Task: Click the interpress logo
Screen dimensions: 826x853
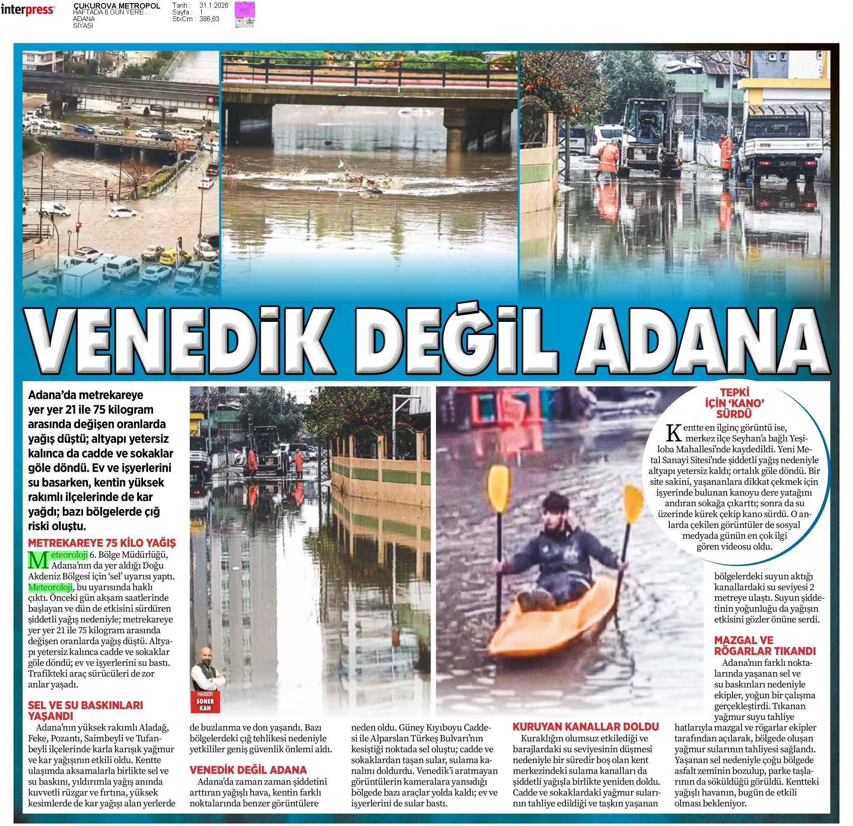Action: tap(28, 10)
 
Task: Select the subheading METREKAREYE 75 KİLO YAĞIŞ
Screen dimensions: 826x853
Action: tap(102, 543)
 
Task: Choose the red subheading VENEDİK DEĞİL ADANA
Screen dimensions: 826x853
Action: tap(248, 770)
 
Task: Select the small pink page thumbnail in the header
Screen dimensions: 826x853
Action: tap(245, 14)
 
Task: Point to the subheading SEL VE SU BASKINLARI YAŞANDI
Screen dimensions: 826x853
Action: tap(85, 710)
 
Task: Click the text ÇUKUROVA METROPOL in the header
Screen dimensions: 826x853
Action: tap(116, 6)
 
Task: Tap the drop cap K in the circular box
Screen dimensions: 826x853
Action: tap(673, 433)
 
